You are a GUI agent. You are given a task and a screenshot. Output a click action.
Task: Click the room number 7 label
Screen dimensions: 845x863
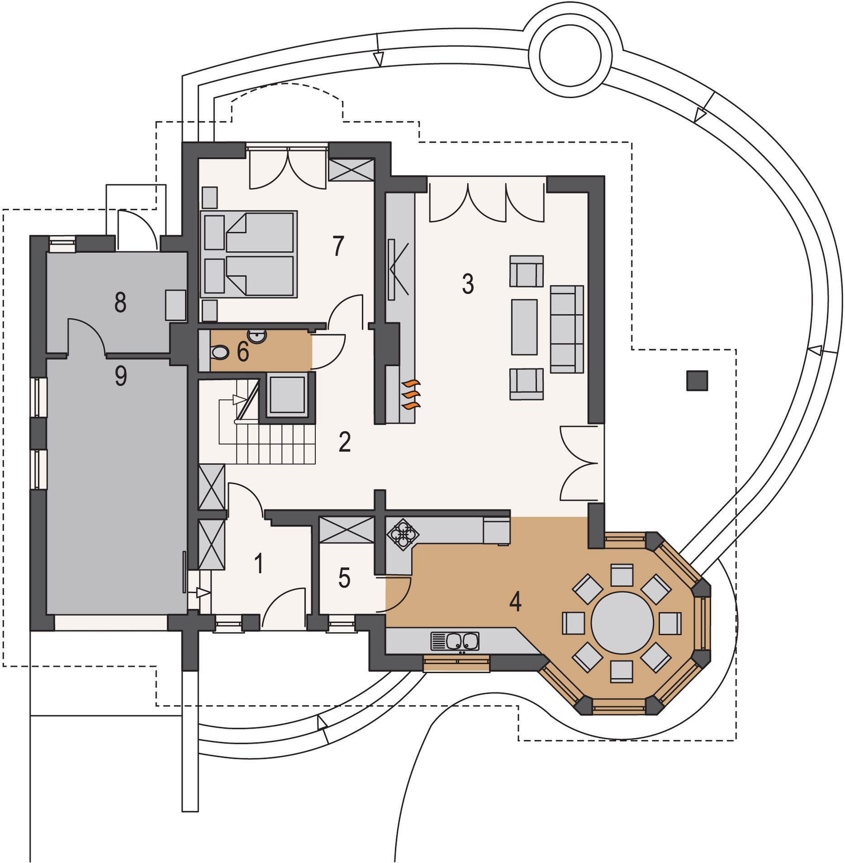338,246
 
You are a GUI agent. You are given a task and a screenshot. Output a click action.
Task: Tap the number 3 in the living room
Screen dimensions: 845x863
468,284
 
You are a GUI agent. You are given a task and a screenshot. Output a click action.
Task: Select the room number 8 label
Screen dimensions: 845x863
120,302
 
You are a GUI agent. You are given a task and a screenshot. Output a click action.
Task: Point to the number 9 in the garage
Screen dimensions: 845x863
121,376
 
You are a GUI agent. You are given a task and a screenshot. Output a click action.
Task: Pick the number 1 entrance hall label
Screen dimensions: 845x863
259,564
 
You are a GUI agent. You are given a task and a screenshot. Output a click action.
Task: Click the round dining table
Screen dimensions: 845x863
622,622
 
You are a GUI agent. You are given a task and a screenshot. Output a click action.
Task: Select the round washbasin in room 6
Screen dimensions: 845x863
258,336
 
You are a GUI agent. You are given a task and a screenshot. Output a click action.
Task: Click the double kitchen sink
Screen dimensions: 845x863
455,641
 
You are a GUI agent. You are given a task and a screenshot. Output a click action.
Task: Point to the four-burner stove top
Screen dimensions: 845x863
403,534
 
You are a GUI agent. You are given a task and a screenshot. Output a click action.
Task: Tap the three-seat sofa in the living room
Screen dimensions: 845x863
567,329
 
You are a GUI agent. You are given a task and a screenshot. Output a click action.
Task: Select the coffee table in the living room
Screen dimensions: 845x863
524,327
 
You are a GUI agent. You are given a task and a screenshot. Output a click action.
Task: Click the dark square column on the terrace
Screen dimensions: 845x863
697,381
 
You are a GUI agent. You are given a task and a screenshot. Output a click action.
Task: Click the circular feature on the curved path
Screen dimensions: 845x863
570,55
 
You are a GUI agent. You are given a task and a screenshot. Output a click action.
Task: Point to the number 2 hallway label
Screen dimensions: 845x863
345,442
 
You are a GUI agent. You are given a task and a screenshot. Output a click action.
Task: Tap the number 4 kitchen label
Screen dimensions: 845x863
515,601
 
